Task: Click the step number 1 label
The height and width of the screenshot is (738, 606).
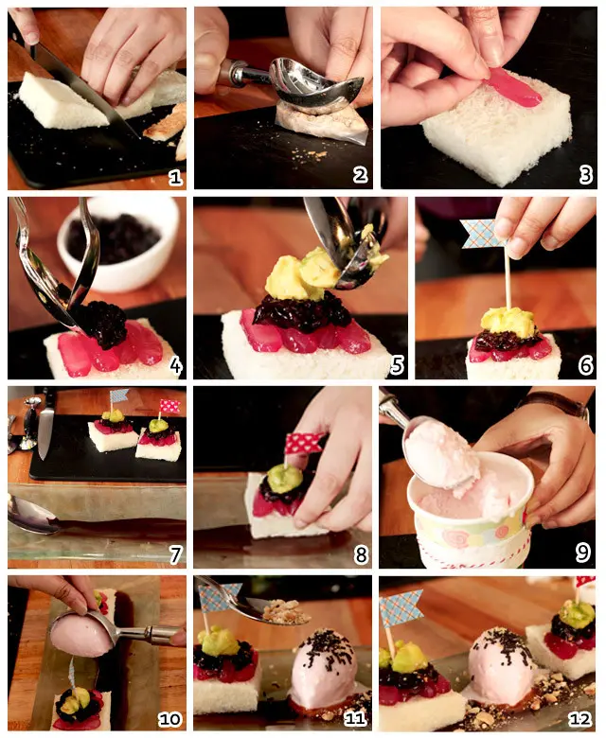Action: coord(175,178)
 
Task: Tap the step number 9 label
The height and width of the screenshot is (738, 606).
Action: coord(583,553)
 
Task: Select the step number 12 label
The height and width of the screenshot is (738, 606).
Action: coord(579,719)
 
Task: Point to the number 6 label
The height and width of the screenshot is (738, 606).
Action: coord(585,366)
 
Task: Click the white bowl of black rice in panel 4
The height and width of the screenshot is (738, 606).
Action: coord(118,243)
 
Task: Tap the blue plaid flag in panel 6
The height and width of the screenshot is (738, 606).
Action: coord(482,234)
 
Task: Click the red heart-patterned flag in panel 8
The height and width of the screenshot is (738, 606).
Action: coord(305,443)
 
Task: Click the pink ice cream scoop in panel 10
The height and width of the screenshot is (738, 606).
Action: coord(81,637)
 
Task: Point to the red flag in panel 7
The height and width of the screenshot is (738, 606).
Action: coord(169,406)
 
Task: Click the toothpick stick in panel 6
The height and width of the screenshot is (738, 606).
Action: coord(508,283)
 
